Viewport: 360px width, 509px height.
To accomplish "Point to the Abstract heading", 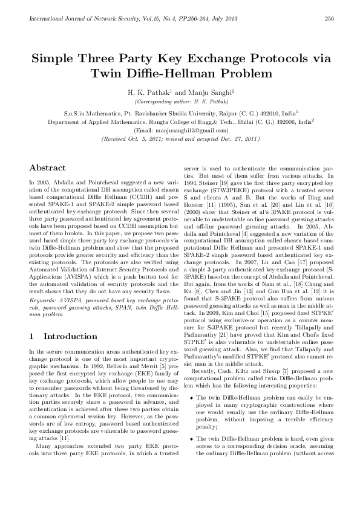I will coord(47,167).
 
